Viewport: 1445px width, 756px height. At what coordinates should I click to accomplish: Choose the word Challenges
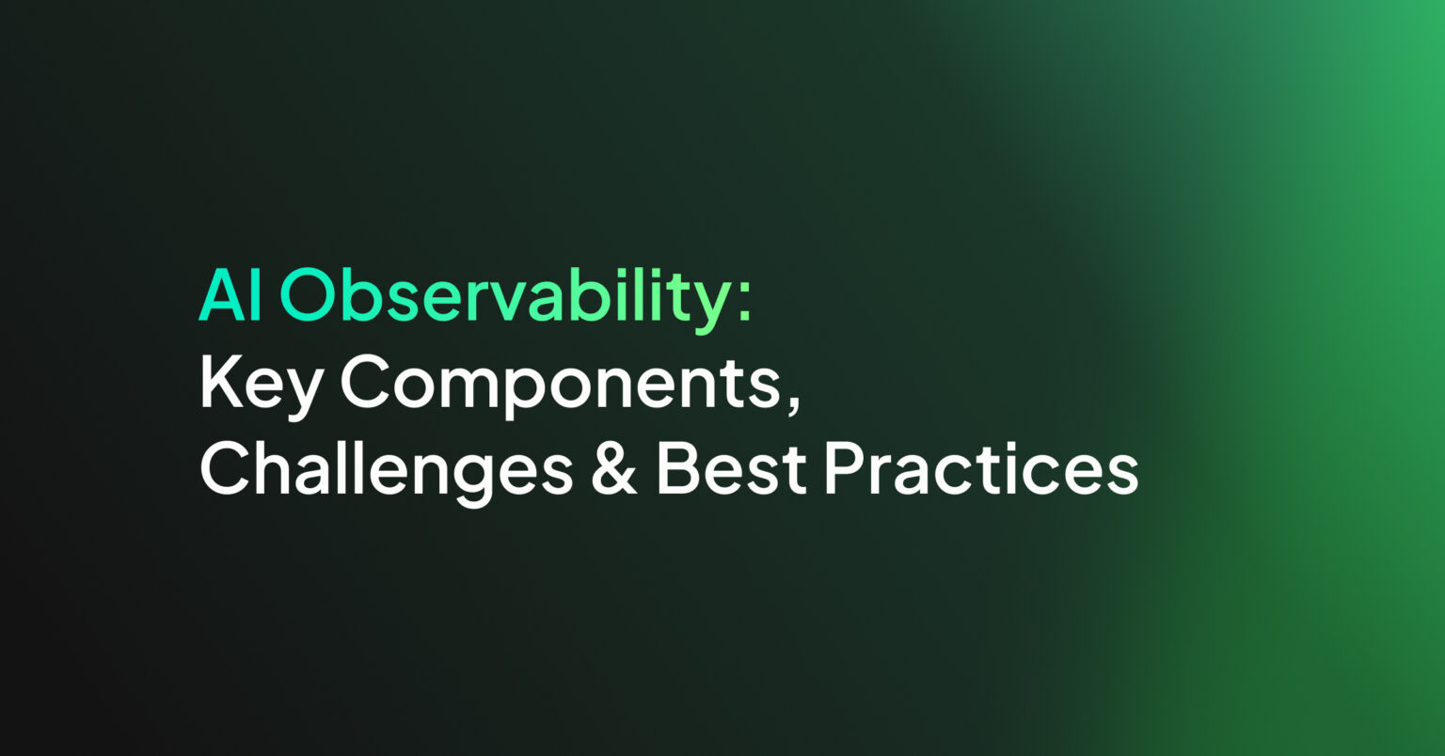tap(386, 470)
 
